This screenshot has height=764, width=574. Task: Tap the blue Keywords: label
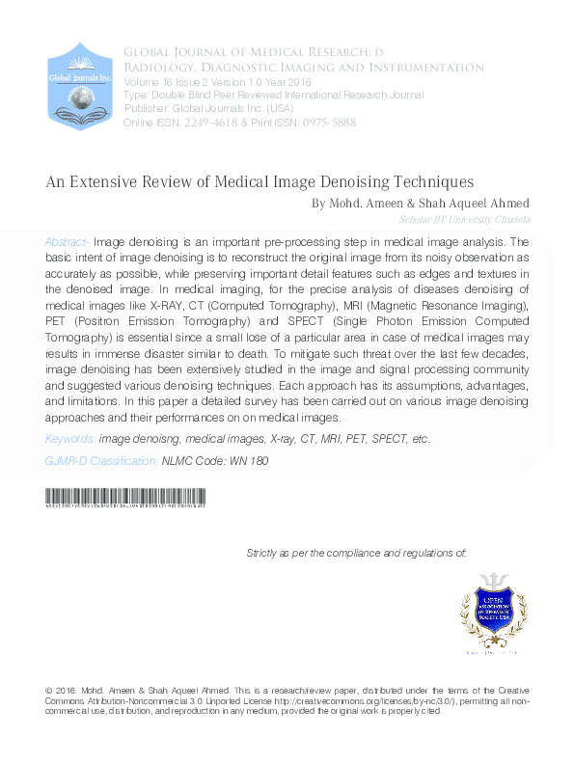coord(69,440)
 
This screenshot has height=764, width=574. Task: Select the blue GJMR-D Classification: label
coord(100,462)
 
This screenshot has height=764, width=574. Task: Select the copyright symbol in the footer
coord(49,691)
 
